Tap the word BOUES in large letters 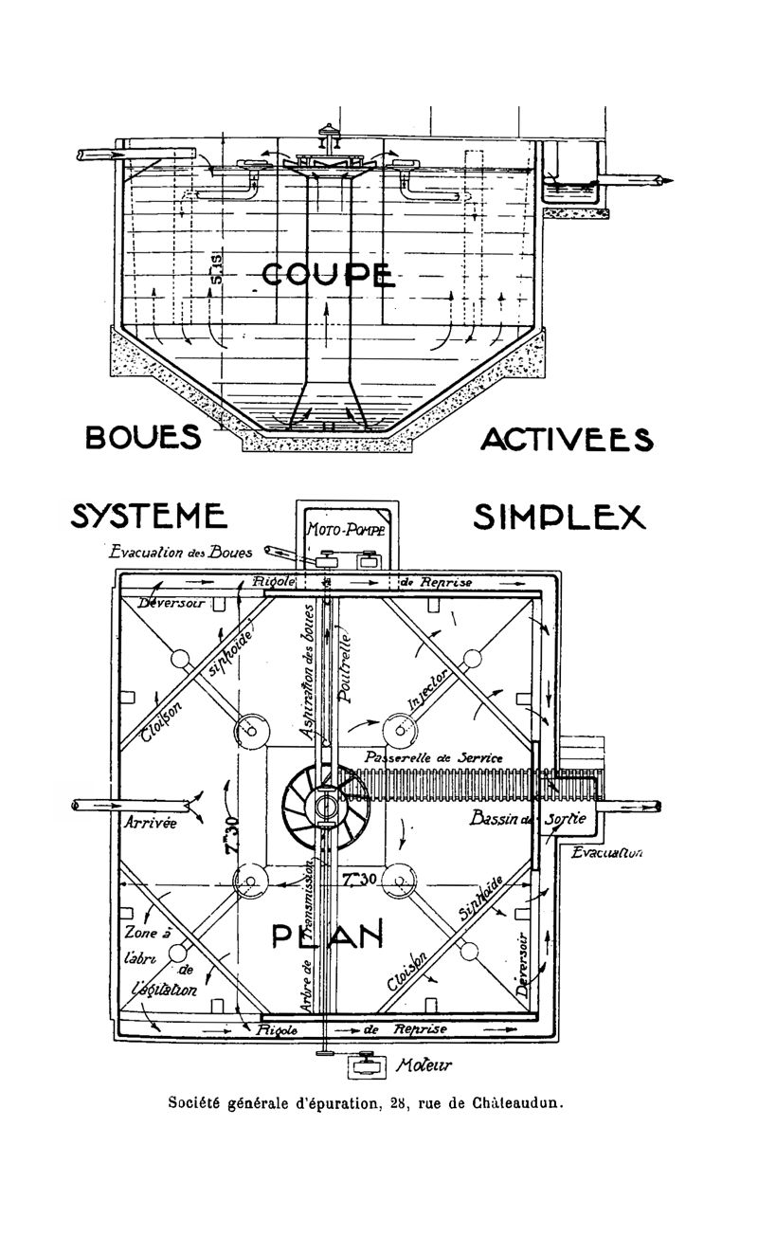coord(143,438)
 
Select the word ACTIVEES coord(567,440)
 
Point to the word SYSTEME coord(149,517)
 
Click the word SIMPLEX coord(559,518)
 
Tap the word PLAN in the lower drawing coord(328,936)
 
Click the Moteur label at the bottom coord(425,1065)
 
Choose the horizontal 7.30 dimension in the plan coord(360,879)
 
